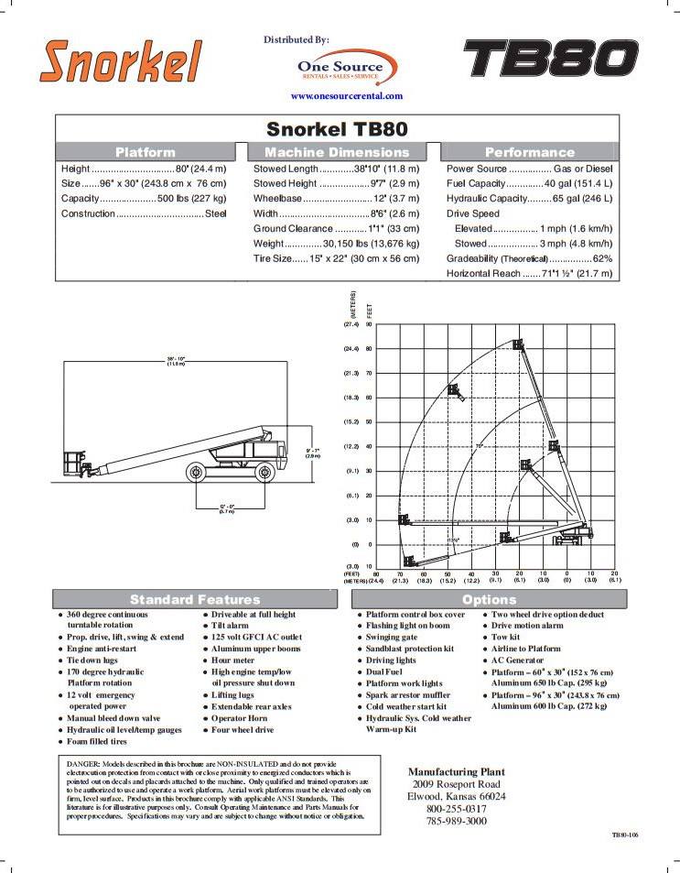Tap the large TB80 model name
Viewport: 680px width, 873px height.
[550, 60]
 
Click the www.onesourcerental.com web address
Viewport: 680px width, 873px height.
[346, 96]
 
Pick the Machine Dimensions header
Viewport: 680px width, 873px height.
[337, 152]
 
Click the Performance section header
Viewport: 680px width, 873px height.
[529, 152]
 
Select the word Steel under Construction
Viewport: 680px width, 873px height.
[215, 213]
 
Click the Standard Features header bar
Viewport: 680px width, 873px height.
[195, 599]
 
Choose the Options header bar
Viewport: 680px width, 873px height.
[489, 599]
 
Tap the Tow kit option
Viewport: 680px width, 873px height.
[505, 637]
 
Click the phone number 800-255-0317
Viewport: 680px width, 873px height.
[456, 809]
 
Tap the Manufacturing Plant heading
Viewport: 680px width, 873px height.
[456, 772]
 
